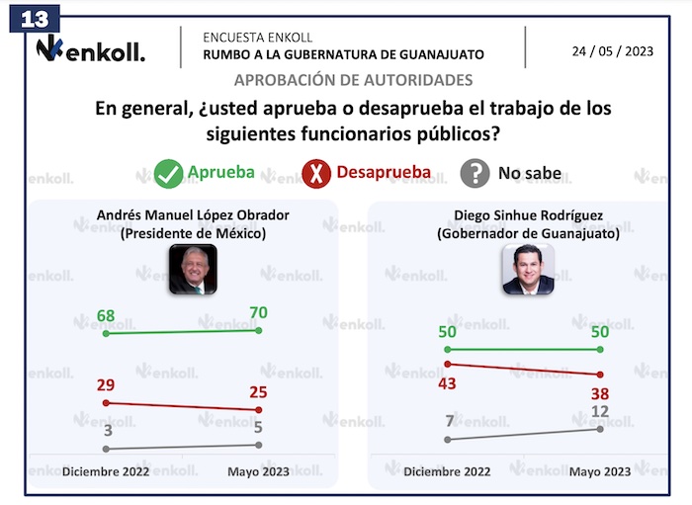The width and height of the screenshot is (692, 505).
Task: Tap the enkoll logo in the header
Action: point(90,48)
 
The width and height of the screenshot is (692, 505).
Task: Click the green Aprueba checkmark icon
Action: point(168,174)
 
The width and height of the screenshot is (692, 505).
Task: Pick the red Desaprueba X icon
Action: point(316,174)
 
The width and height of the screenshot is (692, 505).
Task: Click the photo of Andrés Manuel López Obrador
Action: point(192,269)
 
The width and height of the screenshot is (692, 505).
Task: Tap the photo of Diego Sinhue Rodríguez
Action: point(528,269)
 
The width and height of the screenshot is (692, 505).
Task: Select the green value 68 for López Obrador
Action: point(107,317)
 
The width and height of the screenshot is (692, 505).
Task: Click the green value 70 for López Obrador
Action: point(258,313)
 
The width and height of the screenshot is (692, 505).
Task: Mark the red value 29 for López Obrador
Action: point(107,383)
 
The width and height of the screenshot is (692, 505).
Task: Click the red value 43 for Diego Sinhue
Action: point(449,382)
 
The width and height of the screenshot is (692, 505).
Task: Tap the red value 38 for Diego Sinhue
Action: point(600,393)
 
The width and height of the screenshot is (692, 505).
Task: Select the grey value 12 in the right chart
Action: point(600,410)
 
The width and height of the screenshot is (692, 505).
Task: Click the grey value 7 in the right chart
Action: point(449,421)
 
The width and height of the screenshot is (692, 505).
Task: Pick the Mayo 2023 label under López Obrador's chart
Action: point(258,471)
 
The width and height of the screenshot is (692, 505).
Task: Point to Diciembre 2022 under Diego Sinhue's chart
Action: point(448,471)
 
